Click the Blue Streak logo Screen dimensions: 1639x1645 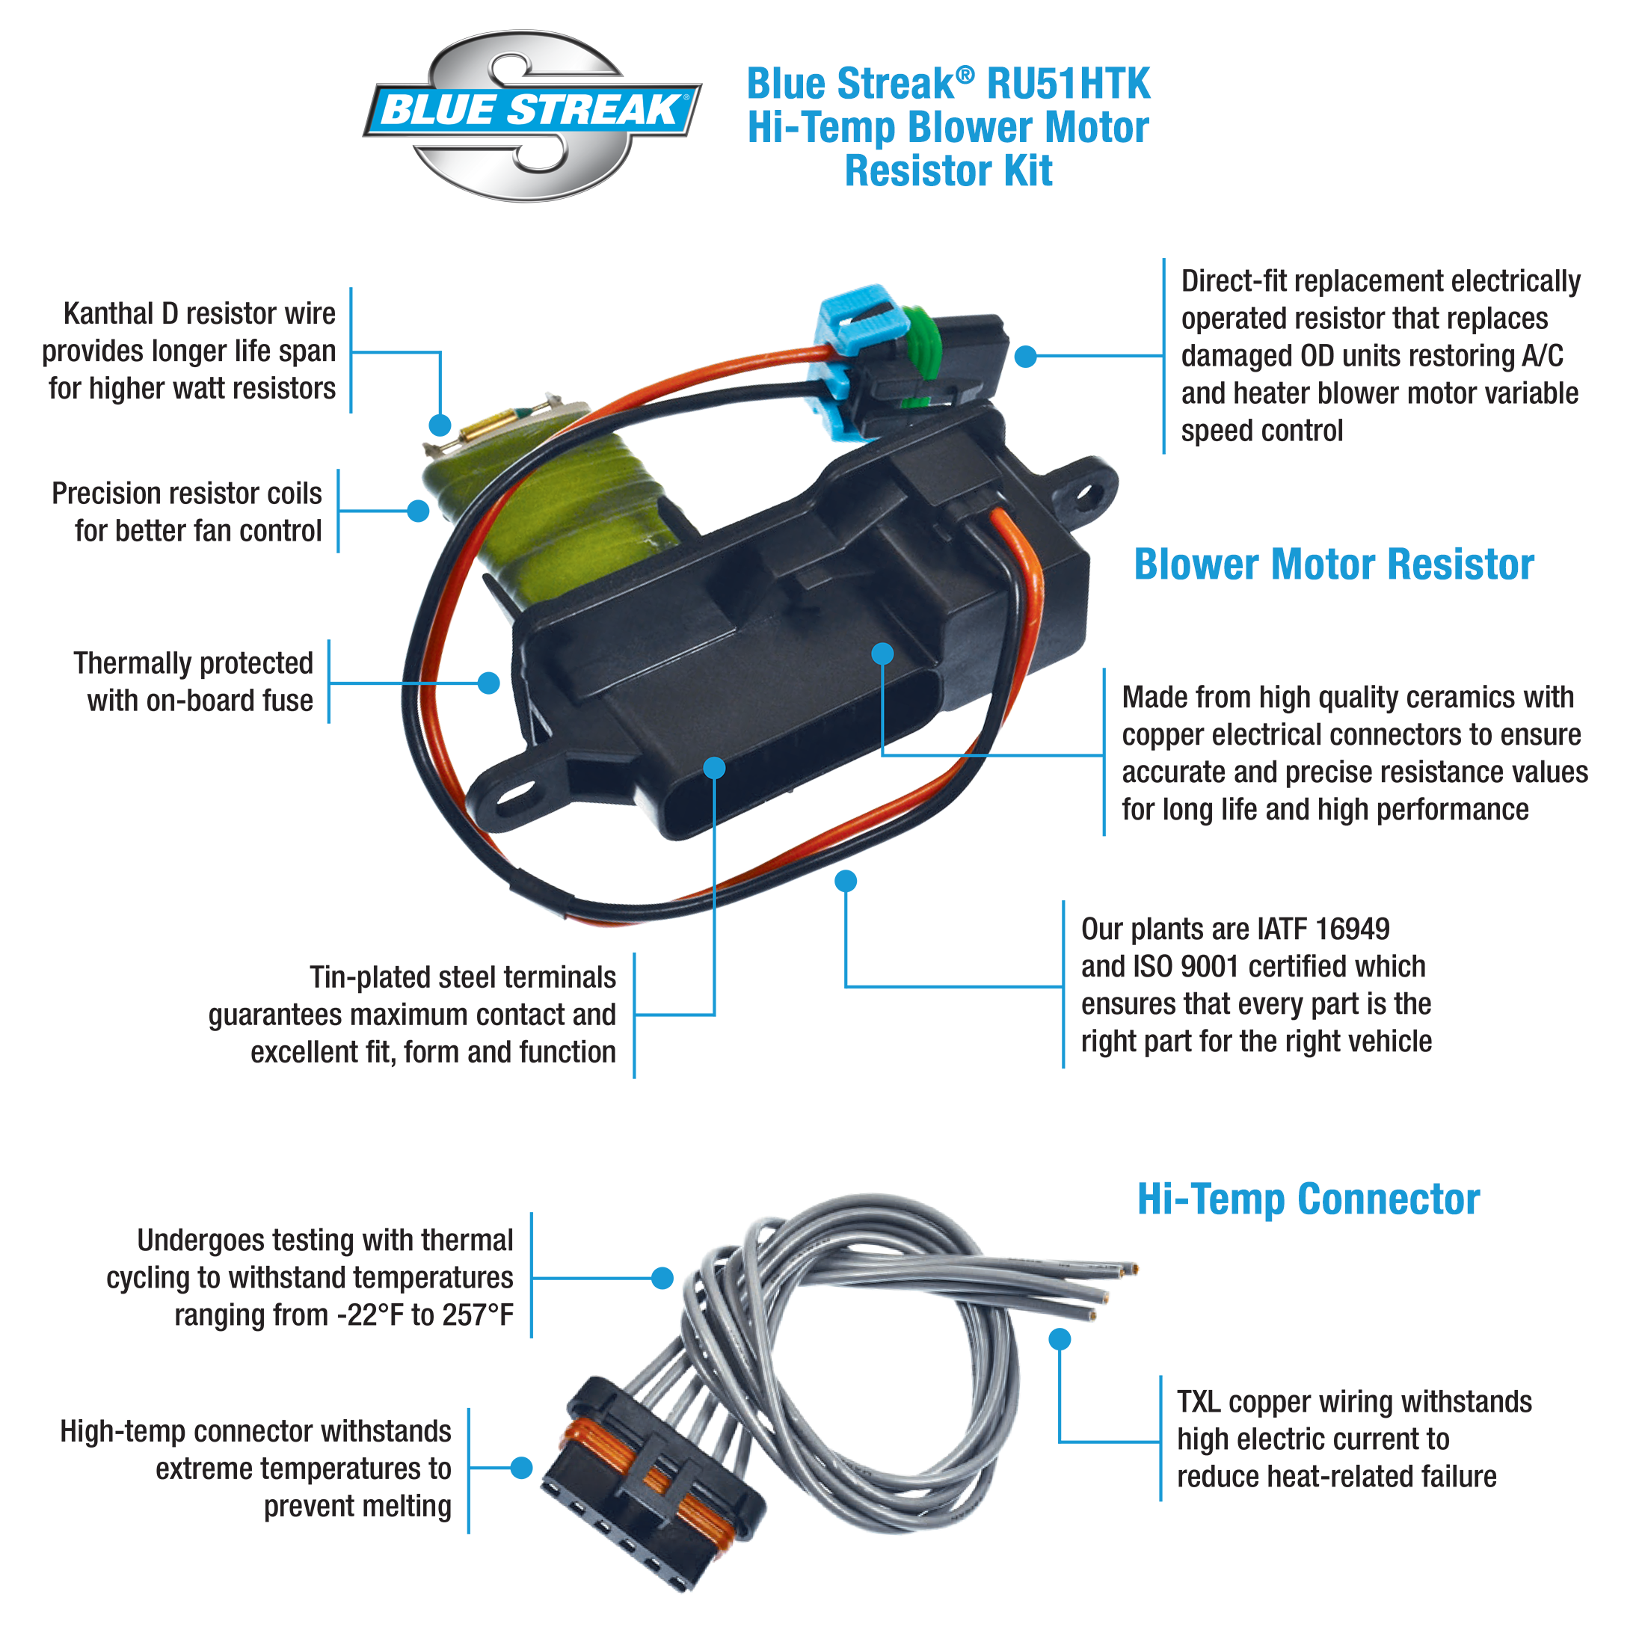tap(532, 115)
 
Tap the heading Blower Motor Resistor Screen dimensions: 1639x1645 tap(1332, 565)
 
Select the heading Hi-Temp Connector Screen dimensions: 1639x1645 tap(1308, 1199)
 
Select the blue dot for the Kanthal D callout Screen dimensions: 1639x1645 tap(440, 425)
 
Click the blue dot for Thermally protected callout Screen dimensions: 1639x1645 tap(489, 683)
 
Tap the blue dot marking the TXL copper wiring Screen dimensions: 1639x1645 tap(1060, 1339)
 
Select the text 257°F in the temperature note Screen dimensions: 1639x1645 tap(477, 1315)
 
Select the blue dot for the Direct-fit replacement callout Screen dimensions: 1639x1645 tap(1026, 357)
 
